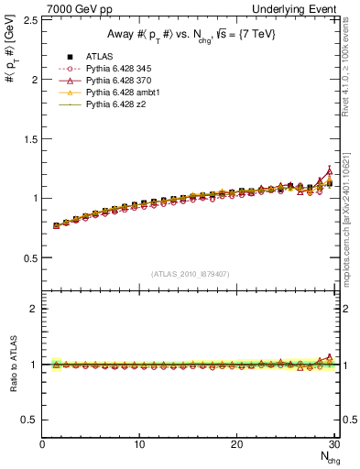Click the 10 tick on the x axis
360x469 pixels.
(x=139, y=444)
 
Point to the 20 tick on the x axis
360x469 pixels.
(x=236, y=444)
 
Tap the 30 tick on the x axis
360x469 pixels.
(x=333, y=444)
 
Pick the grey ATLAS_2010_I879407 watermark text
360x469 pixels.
(x=191, y=273)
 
